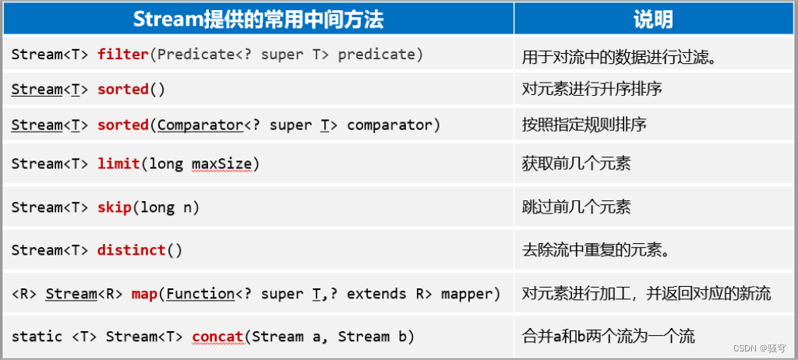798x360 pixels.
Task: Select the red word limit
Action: tap(118, 164)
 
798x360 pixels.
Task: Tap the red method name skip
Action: tap(114, 207)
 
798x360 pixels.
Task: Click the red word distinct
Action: tap(132, 250)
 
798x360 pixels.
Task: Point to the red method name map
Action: tap(144, 294)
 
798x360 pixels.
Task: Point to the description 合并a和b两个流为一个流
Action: tap(609, 337)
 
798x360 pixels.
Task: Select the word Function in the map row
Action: tap(200, 294)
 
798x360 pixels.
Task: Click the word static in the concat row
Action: tap(37, 337)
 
